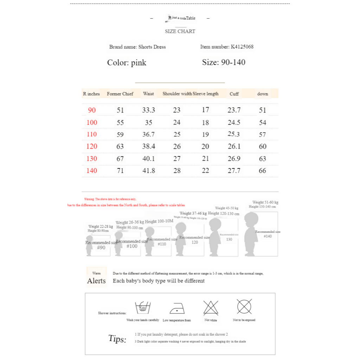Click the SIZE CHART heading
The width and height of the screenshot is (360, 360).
pyautogui.click(x=180, y=31)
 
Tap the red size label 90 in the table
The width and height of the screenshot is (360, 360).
pyautogui.click(x=92, y=110)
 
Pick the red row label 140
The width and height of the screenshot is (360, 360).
pyautogui.click(x=92, y=171)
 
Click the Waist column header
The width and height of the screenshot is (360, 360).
pyautogui.click(x=148, y=94)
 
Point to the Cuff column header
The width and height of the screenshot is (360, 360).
pyautogui.click(x=234, y=94)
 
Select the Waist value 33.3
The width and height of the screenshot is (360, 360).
pyautogui.click(x=148, y=110)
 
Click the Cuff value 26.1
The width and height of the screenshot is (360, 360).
pyautogui.click(x=234, y=146)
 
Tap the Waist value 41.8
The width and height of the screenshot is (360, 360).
pyautogui.click(x=148, y=171)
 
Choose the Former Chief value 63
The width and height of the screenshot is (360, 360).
pyautogui.click(x=120, y=146)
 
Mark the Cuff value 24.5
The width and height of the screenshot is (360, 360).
pyautogui.click(x=234, y=123)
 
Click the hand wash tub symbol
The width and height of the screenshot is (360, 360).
pyautogui.click(x=143, y=308)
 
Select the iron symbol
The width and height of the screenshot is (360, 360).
pyautogui.click(x=176, y=308)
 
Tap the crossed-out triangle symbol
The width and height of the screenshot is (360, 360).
pyautogui.click(x=211, y=308)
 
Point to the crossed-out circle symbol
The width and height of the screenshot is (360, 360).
pyautogui.click(x=244, y=307)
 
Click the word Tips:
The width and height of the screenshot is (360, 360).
pyautogui.click(x=117, y=339)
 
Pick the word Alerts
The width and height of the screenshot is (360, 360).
pyautogui.click(x=96, y=281)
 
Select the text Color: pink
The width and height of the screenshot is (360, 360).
pyautogui.click(x=127, y=63)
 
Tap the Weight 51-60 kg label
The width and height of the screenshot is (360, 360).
pyautogui.click(x=265, y=202)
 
